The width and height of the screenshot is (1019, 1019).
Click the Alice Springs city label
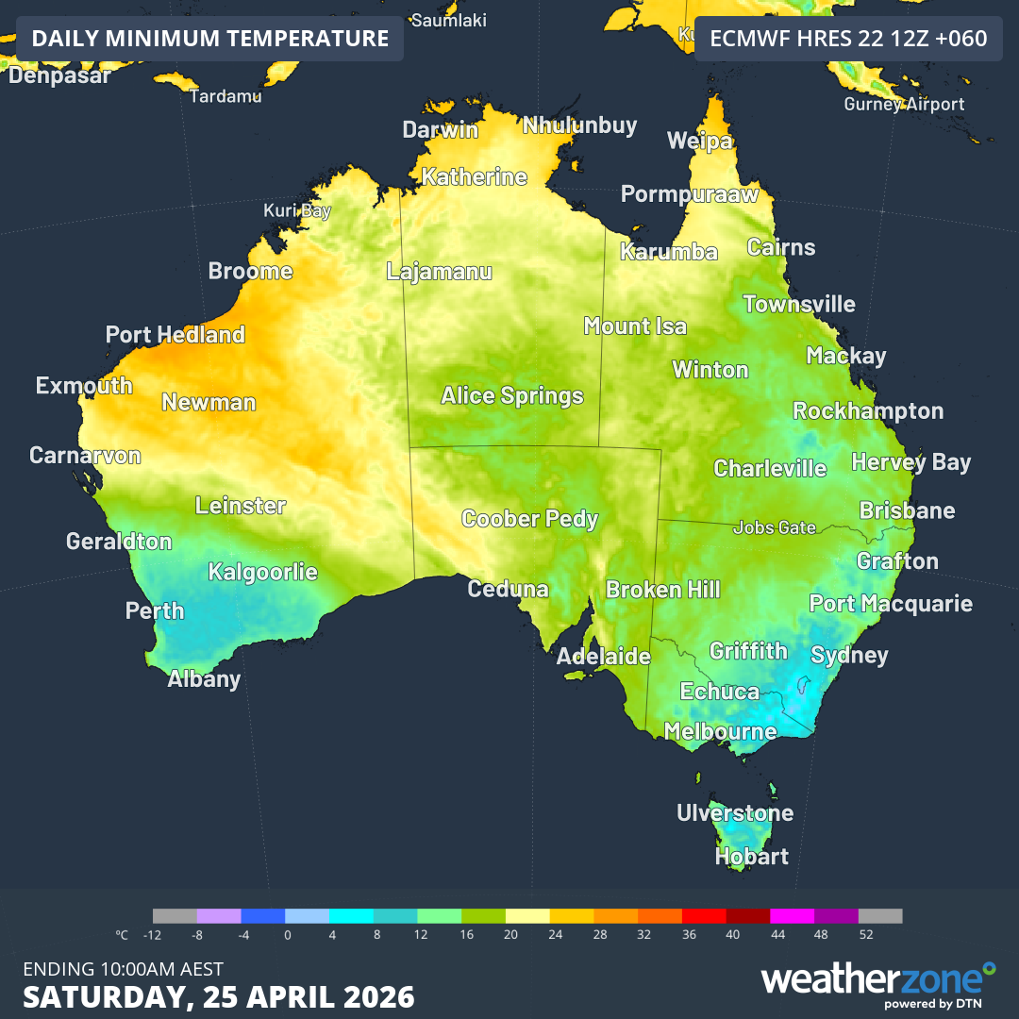pyautogui.click(x=512, y=395)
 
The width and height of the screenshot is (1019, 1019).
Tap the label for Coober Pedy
pyautogui.click(x=529, y=518)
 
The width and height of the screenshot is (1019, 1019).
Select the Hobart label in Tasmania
pyautogui.click(x=751, y=857)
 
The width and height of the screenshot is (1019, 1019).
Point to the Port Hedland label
pyautogui.click(x=175, y=335)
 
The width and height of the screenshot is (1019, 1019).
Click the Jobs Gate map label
pyautogui.click(x=774, y=527)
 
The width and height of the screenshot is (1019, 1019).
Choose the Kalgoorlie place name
pyautogui.click(x=262, y=572)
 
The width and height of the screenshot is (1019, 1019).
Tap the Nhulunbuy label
pyautogui.click(x=579, y=125)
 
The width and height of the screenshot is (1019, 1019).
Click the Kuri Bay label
pyautogui.click(x=297, y=210)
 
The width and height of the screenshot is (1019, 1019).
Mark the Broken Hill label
pyautogui.click(x=662, y=590)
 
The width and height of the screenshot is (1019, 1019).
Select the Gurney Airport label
pyautogui.click(x=904, y=104)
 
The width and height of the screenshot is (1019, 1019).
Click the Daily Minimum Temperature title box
pyautogui.click(x=209, y=39)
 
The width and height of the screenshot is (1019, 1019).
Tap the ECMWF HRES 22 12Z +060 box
pyautogui.click(x=848, y=39)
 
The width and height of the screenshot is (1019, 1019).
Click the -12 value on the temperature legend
pyautogui.click(x=153, y=935)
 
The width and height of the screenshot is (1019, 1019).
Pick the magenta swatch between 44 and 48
pyautogui.click(x=792, y=915)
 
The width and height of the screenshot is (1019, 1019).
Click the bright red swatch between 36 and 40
pyautogui.click(x=704, y=915)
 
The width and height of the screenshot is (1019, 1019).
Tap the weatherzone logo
pyautogui.click(x=877, y=982)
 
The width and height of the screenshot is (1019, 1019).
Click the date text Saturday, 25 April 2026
pyautogui.click(x=219, y=996)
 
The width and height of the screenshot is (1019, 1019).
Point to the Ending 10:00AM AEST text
pyautogui.click(x=123, y=968)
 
